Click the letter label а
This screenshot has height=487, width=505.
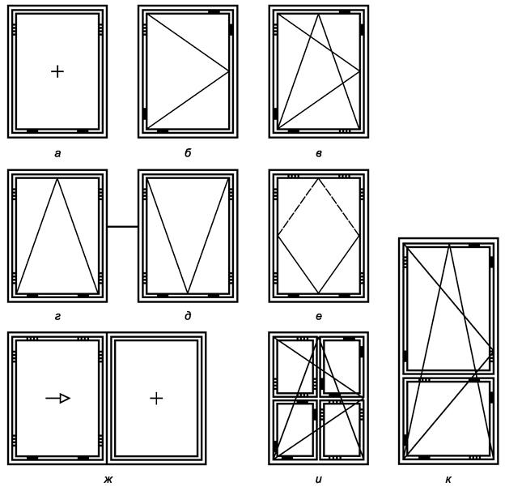(x=57, y=154)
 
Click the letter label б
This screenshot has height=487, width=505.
(x=188, y=153)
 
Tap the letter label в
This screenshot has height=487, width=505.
(x=319, y=154)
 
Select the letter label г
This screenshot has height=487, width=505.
(x=57, y=317)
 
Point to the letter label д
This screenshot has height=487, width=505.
(x=188, y=317)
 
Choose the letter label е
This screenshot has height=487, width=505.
(x=319, y=317)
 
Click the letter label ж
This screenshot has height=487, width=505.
(x=108, y=480)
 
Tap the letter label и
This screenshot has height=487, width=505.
(x=319, y=480)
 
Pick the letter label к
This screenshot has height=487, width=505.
(x=448, y=480)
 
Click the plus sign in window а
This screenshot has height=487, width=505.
(x=57, y=71)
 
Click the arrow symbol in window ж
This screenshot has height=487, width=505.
(x=57, y=399)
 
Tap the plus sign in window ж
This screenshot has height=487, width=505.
(x=156, y=399)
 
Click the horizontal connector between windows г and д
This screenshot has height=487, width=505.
(x=122, y=227)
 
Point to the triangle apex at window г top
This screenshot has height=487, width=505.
(x=57, y=178)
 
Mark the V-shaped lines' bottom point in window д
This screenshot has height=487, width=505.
(x=188, y=293)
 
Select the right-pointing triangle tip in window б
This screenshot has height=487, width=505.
(x=228, y=70)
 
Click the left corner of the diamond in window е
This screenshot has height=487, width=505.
(x=278, y=236)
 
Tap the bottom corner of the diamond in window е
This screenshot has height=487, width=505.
(x=318, y=293)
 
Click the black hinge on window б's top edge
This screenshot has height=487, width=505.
(x=214, y=12)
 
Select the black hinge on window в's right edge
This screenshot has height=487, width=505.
(x=362, y=29)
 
